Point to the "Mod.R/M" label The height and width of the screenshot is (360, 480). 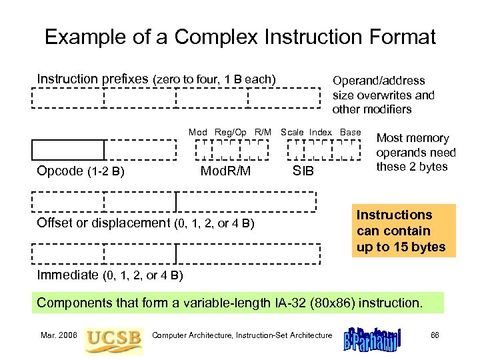226,171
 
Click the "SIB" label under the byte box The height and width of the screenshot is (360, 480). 303,172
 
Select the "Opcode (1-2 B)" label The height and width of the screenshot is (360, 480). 81,171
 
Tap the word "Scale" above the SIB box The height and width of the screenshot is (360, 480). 292,133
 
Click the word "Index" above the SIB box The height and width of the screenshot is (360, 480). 320,133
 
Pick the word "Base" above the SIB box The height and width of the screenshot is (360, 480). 350,133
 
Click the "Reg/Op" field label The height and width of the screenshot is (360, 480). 231,133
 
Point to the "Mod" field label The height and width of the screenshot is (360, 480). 198,133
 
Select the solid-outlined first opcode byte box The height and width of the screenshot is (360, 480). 68,150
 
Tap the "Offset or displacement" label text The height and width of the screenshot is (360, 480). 103,223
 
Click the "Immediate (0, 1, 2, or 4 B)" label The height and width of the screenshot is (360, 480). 110,275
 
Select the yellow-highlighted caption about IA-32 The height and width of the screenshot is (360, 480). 230,303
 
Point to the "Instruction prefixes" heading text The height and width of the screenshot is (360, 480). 93,79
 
